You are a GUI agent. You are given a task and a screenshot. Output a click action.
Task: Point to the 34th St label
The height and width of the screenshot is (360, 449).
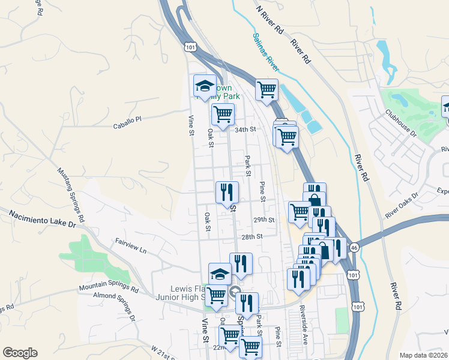click(246, 129)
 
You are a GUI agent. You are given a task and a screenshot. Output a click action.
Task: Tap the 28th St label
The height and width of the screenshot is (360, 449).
click(253, 237)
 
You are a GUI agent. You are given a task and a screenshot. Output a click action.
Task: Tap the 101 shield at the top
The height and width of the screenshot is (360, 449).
click(190, 46)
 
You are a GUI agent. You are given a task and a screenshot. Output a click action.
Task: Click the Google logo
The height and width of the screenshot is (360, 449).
click(20, 352)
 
